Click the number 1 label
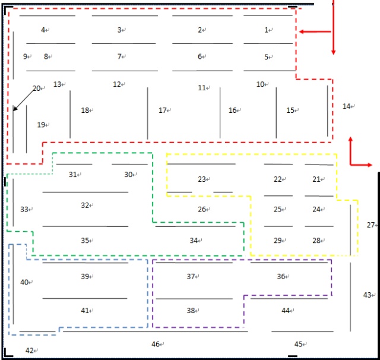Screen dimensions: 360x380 point(266,30)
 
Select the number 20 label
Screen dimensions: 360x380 point(36,89)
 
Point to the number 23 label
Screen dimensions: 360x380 point(201,179)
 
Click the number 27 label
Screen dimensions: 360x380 point(370,225)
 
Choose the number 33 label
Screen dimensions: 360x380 point(24,209)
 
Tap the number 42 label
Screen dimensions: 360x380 point(29,350)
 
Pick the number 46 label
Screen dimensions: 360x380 point(156,344)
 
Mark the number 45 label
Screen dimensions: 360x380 point(299,344)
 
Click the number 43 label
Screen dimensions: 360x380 point(366,295)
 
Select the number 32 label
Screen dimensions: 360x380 point(85,205)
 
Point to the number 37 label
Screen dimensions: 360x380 point(191,276)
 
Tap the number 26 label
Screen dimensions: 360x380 point(202,209)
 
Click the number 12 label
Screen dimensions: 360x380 point(117,84)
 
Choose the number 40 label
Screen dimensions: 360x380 point(24,282)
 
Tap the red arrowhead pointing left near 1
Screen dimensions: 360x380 point(301,31)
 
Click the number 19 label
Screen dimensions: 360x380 point(41,125)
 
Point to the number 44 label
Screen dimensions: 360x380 point(286,311)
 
